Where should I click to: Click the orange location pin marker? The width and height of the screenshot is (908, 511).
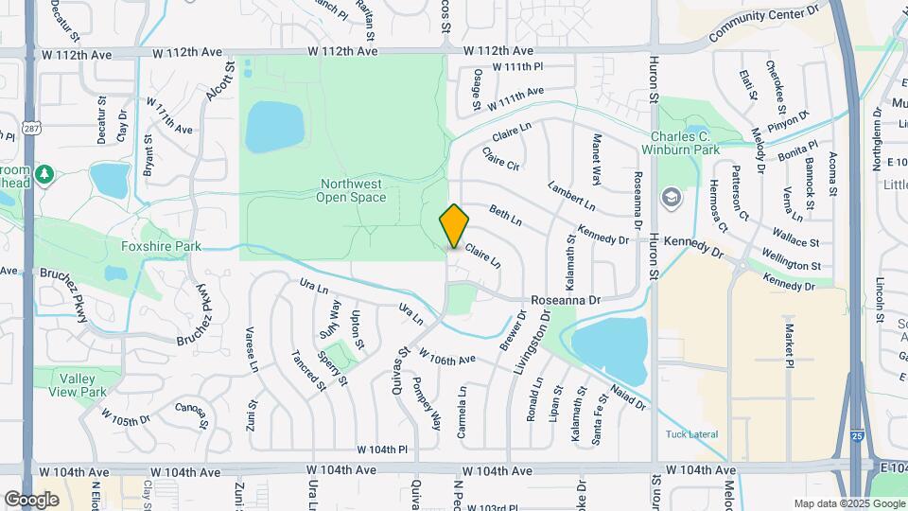click(454, 226)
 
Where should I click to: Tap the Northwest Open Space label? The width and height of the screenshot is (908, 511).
click(354, 190)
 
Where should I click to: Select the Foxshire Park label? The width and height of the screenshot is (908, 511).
click(162, 246)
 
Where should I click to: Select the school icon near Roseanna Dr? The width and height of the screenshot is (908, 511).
click(672, 197)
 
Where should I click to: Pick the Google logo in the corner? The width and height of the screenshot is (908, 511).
click(31, 499)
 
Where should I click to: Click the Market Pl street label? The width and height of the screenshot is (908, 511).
click(788, 342)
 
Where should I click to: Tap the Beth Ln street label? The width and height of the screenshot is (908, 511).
click(505, 215)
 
